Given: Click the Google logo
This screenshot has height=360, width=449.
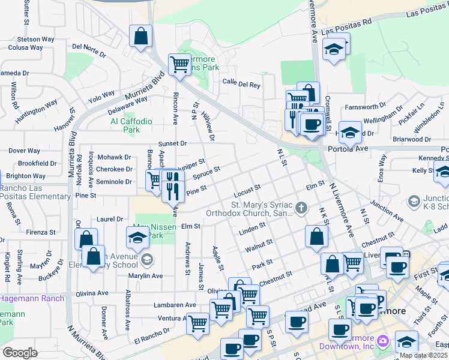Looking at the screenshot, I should pos(20,353).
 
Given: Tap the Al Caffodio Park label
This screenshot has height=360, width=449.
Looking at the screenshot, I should pos(125,125).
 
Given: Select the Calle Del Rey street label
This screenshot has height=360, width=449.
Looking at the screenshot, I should pos(241,85).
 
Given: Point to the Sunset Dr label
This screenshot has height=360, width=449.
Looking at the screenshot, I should pos(173,144).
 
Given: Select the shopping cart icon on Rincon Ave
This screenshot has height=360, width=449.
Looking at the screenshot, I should pos(179,64).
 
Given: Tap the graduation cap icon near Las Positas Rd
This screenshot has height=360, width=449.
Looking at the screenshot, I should pos(334,49).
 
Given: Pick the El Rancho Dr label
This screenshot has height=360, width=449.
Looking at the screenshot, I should pos(153,332).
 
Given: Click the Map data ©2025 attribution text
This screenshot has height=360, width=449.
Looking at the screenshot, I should pos(424,355).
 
